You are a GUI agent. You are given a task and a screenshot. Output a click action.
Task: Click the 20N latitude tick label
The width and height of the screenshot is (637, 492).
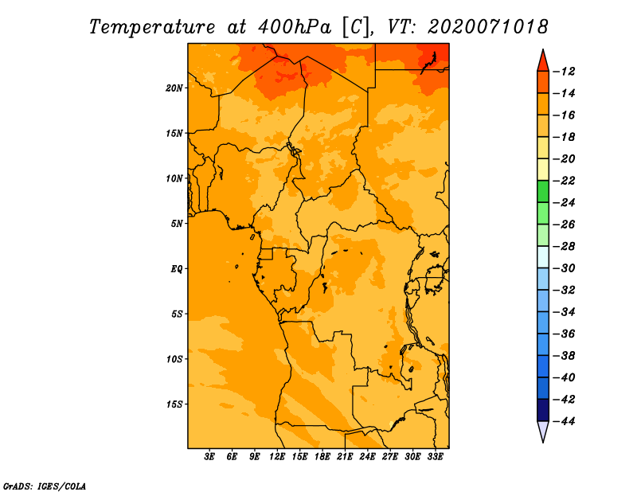174,88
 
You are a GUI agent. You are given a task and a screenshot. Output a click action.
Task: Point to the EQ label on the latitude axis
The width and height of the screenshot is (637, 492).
177,269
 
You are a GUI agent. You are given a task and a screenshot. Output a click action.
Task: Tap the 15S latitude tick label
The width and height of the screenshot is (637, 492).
174,404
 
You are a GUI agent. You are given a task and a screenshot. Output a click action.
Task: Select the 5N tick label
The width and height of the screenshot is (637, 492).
177,224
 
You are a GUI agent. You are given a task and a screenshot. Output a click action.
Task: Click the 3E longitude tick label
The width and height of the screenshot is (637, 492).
209,456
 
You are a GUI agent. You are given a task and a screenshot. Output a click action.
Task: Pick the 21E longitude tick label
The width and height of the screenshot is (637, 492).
345,456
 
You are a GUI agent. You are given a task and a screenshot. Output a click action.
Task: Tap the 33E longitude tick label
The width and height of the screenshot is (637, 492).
435,456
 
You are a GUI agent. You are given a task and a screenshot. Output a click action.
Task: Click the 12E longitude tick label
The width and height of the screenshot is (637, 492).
277,456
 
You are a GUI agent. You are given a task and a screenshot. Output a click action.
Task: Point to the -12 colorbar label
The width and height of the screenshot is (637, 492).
565,72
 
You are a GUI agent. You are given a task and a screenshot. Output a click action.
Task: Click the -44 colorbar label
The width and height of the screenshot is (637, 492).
565,421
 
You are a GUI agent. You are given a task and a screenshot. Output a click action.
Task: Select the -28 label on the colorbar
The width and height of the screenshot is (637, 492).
565,247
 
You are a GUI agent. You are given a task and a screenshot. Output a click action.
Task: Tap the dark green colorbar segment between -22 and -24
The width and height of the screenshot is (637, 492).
543,192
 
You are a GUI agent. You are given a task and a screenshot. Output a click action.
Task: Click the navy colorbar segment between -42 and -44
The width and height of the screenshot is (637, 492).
543,410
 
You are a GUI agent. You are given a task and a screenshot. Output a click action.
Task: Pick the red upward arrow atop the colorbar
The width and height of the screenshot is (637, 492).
543,62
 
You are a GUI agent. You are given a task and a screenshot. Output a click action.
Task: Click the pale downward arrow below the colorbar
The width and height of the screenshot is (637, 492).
543,431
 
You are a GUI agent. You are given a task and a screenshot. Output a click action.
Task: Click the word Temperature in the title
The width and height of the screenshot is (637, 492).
152,27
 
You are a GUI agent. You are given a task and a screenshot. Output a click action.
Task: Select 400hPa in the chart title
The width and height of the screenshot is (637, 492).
295,27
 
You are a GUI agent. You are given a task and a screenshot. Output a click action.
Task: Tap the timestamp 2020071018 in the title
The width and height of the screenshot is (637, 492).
488,27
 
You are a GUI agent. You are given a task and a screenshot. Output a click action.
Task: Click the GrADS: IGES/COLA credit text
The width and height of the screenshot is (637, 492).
45,486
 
